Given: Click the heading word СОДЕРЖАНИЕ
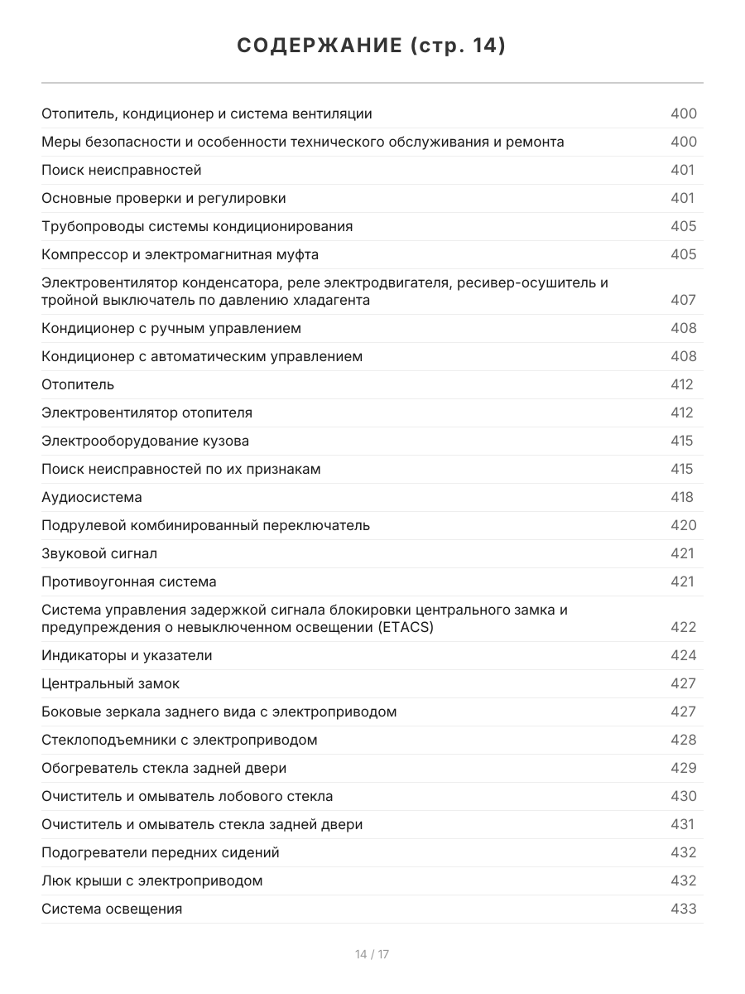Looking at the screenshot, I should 319,46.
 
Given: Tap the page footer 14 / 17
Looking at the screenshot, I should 372,954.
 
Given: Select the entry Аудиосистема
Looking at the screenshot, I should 92,497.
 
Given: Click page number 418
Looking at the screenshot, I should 682,497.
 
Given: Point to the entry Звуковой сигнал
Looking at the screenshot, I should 99,553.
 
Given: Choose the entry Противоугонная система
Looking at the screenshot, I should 129,581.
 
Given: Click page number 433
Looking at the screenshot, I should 683,909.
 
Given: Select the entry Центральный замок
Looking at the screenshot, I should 111,683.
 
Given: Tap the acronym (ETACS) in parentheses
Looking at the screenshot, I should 405,627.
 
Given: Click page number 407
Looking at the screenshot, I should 683,300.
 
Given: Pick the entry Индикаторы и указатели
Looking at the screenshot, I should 127,655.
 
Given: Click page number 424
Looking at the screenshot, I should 683,655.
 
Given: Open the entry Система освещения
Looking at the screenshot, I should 112,909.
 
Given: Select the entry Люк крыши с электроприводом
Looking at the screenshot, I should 152,881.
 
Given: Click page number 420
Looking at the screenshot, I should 683,525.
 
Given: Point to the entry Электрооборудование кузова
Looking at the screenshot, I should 146,441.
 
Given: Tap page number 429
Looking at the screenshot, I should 683,768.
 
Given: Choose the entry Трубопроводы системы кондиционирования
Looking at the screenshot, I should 197,226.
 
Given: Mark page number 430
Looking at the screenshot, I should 683,796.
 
